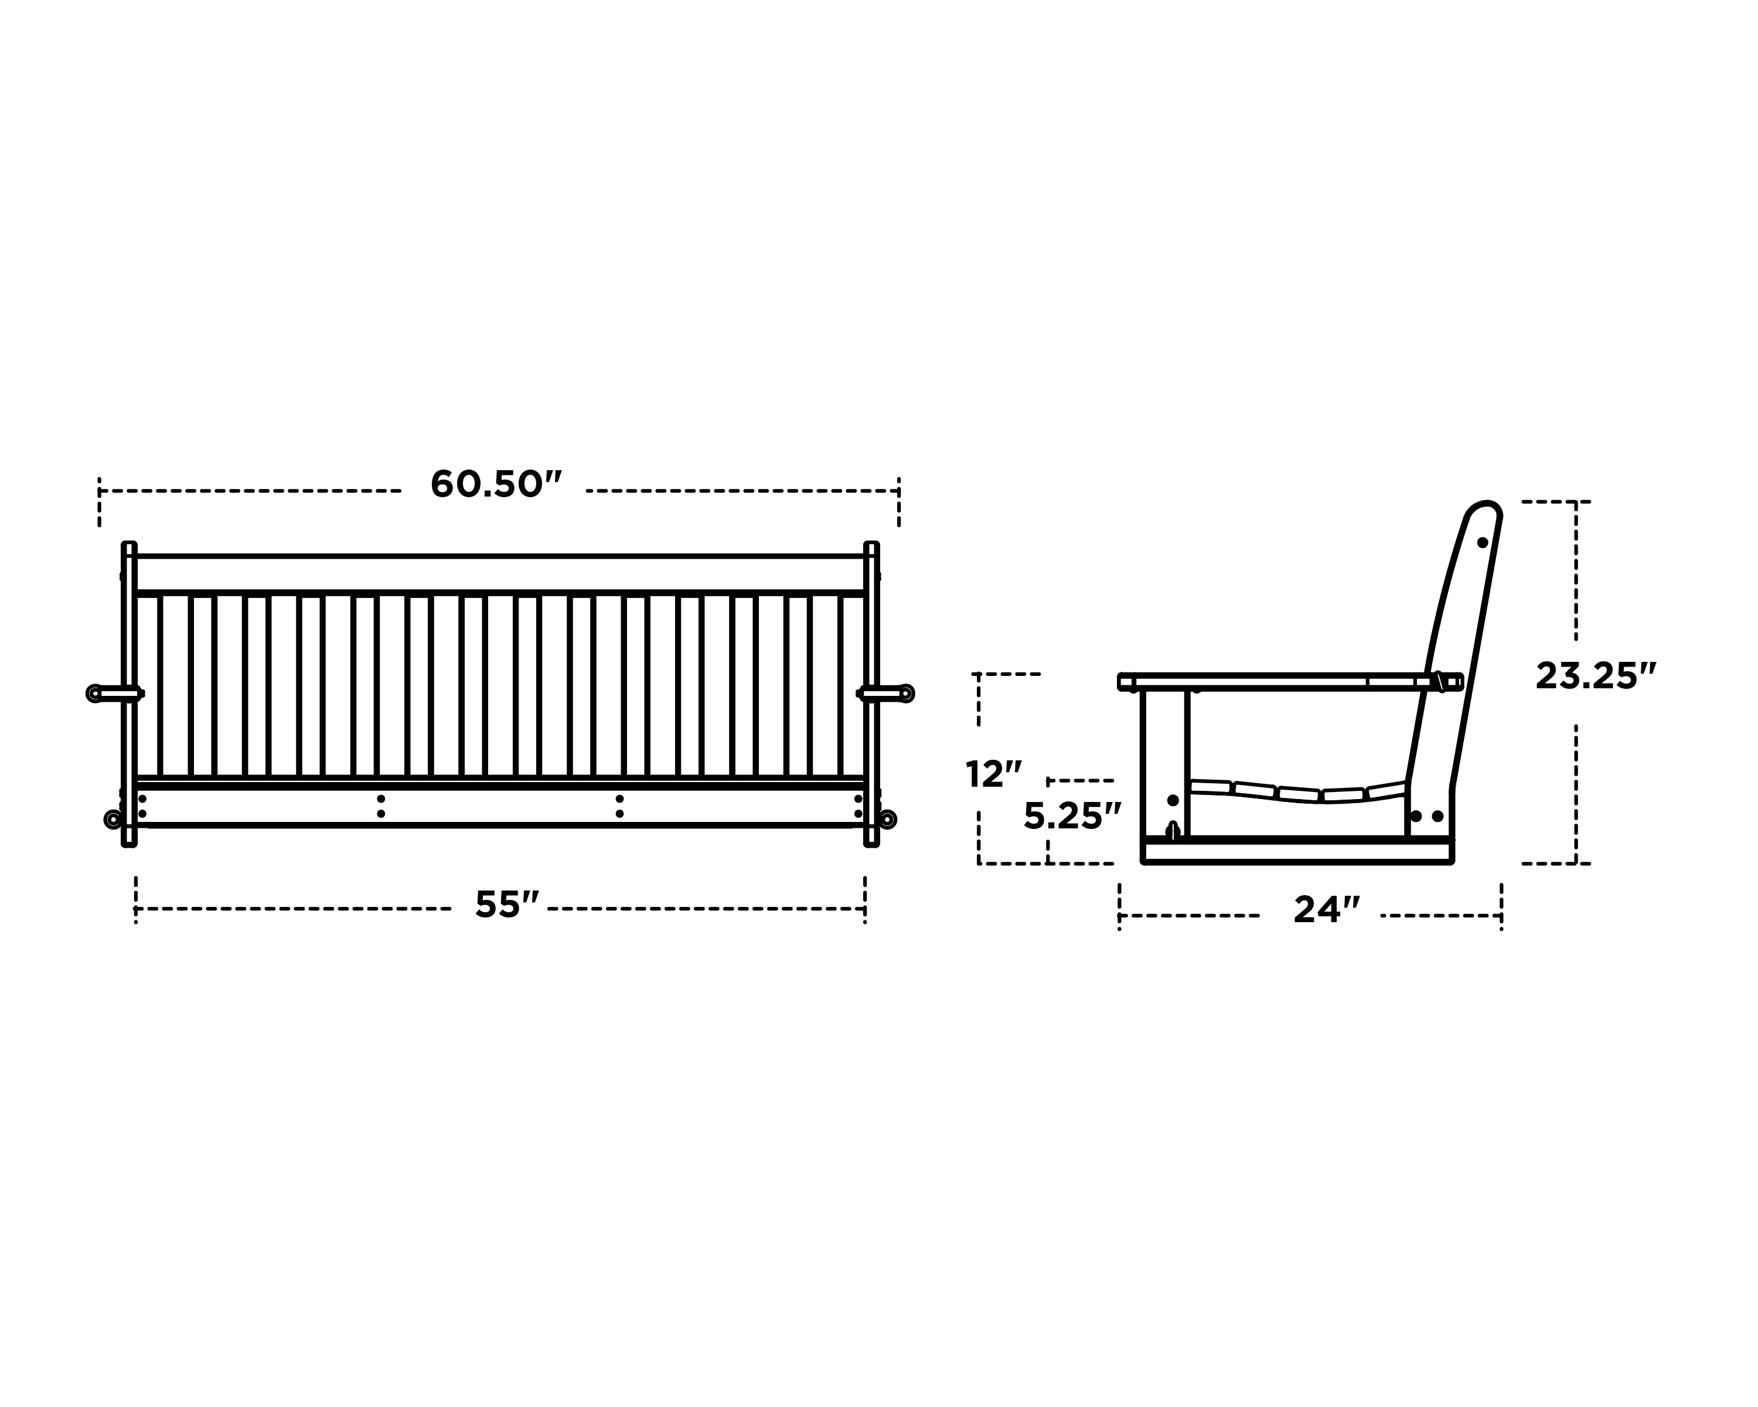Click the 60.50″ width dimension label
496,484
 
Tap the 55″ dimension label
506,905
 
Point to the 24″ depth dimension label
1327,910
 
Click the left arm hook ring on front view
94,694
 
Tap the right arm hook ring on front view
906,694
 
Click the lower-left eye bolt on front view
113,819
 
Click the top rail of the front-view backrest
500,573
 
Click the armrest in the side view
1280,681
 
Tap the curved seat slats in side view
1296,792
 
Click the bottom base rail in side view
1296,852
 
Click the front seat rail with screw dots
500,807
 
